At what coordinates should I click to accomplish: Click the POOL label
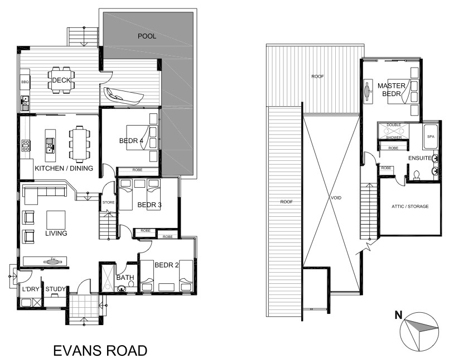[147, 36]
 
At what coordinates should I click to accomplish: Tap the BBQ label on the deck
[25, 82]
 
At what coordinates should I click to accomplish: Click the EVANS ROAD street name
[100, 351]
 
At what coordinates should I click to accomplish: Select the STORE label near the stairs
[108, 202]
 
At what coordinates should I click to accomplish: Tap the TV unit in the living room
[45, 260]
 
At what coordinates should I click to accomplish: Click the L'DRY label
[30, 289]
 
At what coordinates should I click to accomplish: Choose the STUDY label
[55, 289]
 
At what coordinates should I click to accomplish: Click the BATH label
[124, 277]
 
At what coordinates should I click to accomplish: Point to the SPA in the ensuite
[430, 136]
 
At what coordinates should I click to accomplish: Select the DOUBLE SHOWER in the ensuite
[394, 131]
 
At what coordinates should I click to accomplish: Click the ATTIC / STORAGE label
[410, 207]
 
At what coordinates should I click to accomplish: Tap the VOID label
[336, 198]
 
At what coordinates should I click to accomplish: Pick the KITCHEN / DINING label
[64, 168]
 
